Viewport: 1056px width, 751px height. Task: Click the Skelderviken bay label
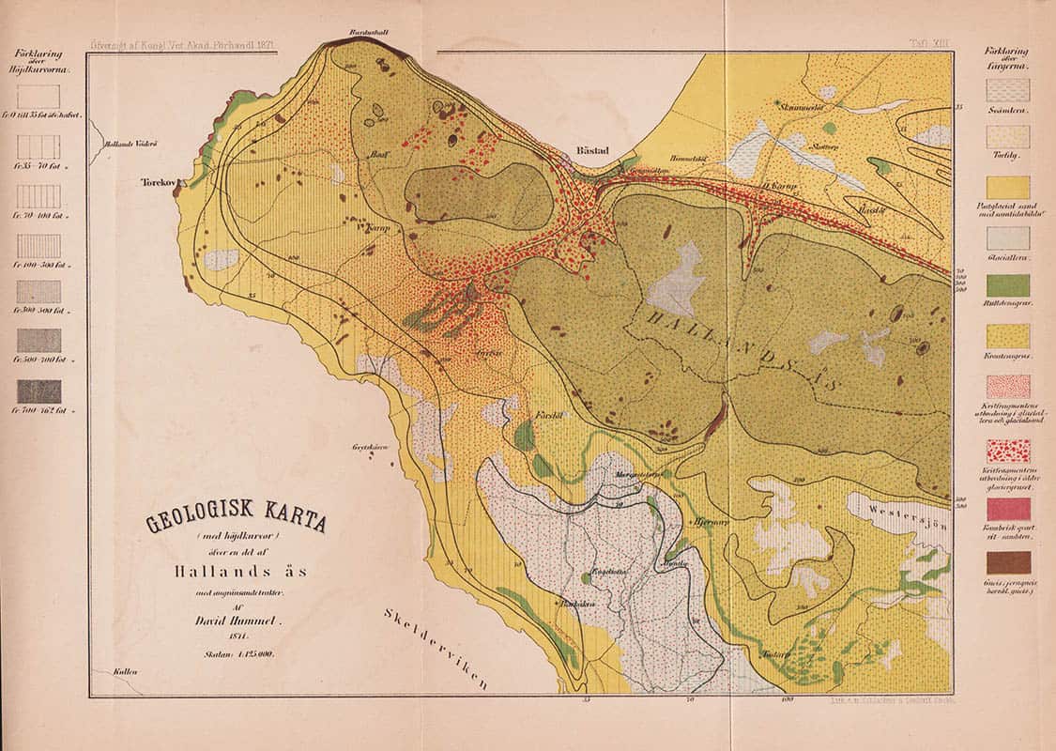[x=437, y=648]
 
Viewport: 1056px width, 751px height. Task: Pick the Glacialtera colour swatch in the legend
[x=1007, y=238]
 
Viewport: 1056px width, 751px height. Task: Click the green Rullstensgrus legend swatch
[x=1007, y=285]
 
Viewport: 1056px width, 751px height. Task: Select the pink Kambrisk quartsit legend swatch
[x=1007, y=509]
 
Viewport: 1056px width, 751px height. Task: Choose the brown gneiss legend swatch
[x=1007, y=562]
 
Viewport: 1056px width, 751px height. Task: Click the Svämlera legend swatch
[x=1007, y=90]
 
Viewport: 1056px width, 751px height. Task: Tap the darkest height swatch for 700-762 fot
[x=38, y=391]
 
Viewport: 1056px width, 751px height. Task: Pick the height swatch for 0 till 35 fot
[x=38, y=97]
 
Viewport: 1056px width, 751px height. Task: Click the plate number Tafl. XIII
[x=931, y=43]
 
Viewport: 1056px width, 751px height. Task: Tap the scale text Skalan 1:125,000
[x=236, y=655]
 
